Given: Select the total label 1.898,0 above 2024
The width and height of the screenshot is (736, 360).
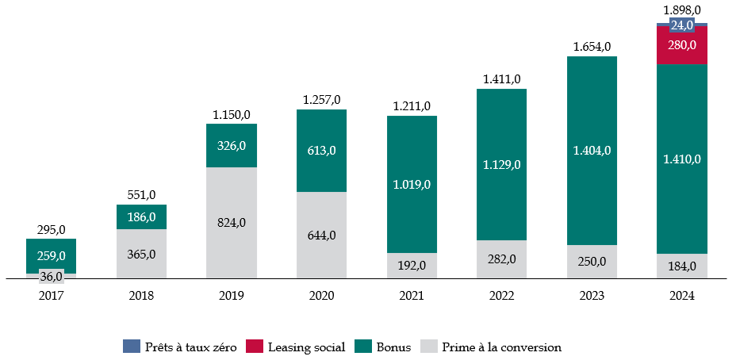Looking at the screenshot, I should pyautogui.click(x=682, y=10).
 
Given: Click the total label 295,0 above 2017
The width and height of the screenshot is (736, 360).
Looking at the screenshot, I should pyautogui.click(x=52, y=229).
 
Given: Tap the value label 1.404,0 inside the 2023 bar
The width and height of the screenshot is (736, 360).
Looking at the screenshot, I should pyautogui.click(x=592, y=150).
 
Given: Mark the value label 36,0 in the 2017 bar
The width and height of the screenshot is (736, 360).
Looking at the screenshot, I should pyautogui.click(x=51, y=276).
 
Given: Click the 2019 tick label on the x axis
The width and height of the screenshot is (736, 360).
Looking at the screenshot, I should pyautogui.click(x=231, y=296).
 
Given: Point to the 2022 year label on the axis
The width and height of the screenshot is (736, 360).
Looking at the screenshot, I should pyautogui.click(x=501, y=296).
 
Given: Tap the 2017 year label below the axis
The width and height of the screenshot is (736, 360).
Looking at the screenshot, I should pyautogui.click(x=51, y=296).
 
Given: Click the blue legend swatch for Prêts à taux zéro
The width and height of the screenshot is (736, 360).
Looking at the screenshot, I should pyautogui.click(x=131, y=347).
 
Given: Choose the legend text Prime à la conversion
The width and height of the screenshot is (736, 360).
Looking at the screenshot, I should pyautogui.click(x=502, y=347).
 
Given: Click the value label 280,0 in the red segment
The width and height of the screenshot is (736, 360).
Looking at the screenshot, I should pyautogui.click(x=682, y=45).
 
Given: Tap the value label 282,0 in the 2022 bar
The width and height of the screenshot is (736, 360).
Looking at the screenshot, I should pyautogui.click(x=501, y=259).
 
